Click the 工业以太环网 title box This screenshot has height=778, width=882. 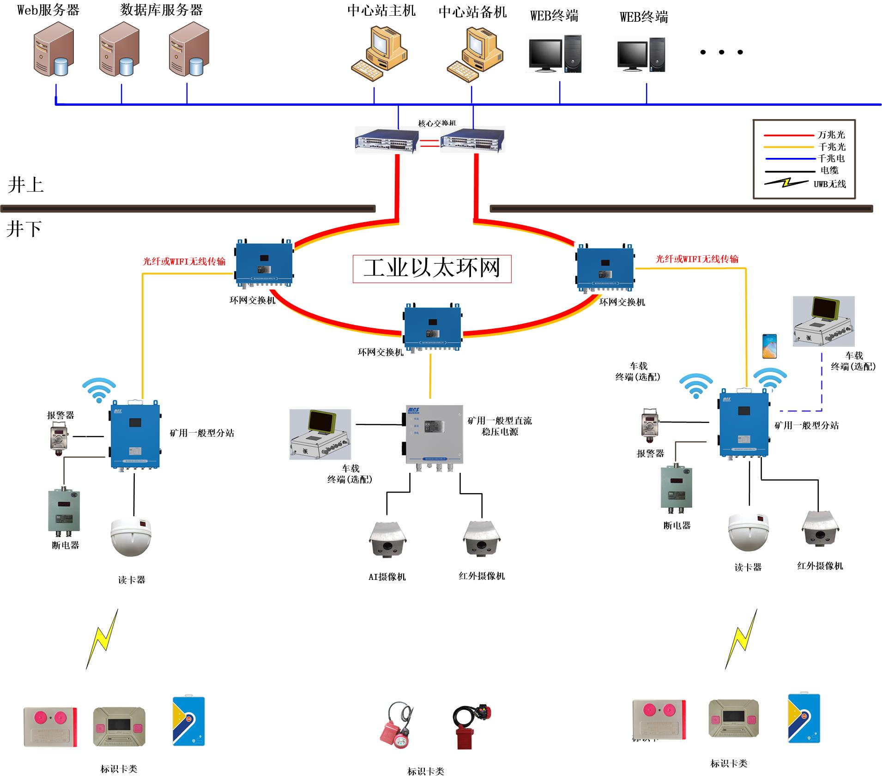tap(432, 268)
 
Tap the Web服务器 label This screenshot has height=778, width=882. tap(48, 10)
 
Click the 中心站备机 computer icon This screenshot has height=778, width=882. tap(475, 54)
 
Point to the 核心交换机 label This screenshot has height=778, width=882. tap(437, 123)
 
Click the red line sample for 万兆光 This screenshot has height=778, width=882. tap(788, 135)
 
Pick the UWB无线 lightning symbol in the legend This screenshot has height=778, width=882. tap(786, 183)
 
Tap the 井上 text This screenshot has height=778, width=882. tap(26, 185)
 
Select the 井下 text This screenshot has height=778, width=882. tap(24, 229)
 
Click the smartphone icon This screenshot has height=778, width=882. tap(769, 346)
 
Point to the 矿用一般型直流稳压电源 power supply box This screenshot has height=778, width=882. tap(434, 434)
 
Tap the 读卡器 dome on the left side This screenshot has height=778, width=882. tap(131, 537)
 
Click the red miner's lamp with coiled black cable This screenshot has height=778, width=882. tap(471, 725)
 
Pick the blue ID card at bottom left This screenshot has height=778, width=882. tap(188, 721)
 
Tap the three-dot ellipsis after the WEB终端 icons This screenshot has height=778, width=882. tap(721, 52)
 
